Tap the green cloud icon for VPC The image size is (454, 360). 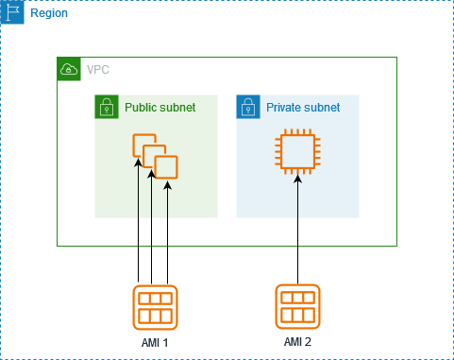pos(69,69)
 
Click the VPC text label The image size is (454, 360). pos(97,70)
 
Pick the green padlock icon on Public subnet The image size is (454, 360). pos(107,107)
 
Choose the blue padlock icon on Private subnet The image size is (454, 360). pos(248,107)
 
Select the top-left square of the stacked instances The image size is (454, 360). pos(142,145)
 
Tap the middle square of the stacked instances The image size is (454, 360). pos(154,156)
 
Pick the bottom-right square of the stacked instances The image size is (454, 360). pos(166,167)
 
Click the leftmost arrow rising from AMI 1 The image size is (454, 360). pos(139,227)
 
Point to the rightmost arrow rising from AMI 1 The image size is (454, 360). pos(167,236)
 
